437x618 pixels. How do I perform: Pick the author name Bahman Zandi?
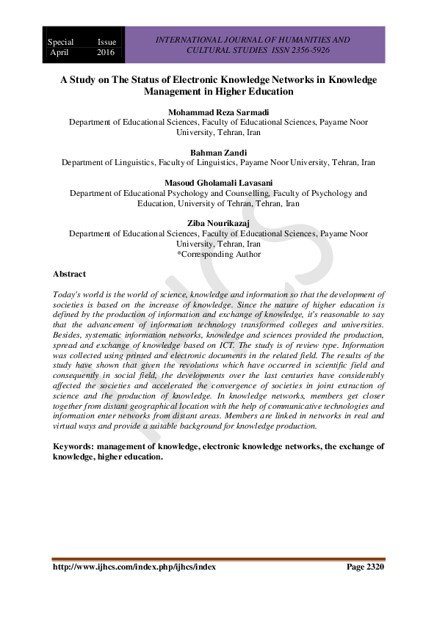pos(218,151)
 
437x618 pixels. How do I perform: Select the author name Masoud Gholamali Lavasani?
pos(218,181)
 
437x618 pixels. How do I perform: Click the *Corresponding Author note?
pos(218,254)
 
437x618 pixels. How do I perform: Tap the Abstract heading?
pos(69,274)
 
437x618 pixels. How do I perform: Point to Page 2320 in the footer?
pos(365,567)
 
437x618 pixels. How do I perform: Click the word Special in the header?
pos(61,43)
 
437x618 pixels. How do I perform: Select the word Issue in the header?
pos(106,43)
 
